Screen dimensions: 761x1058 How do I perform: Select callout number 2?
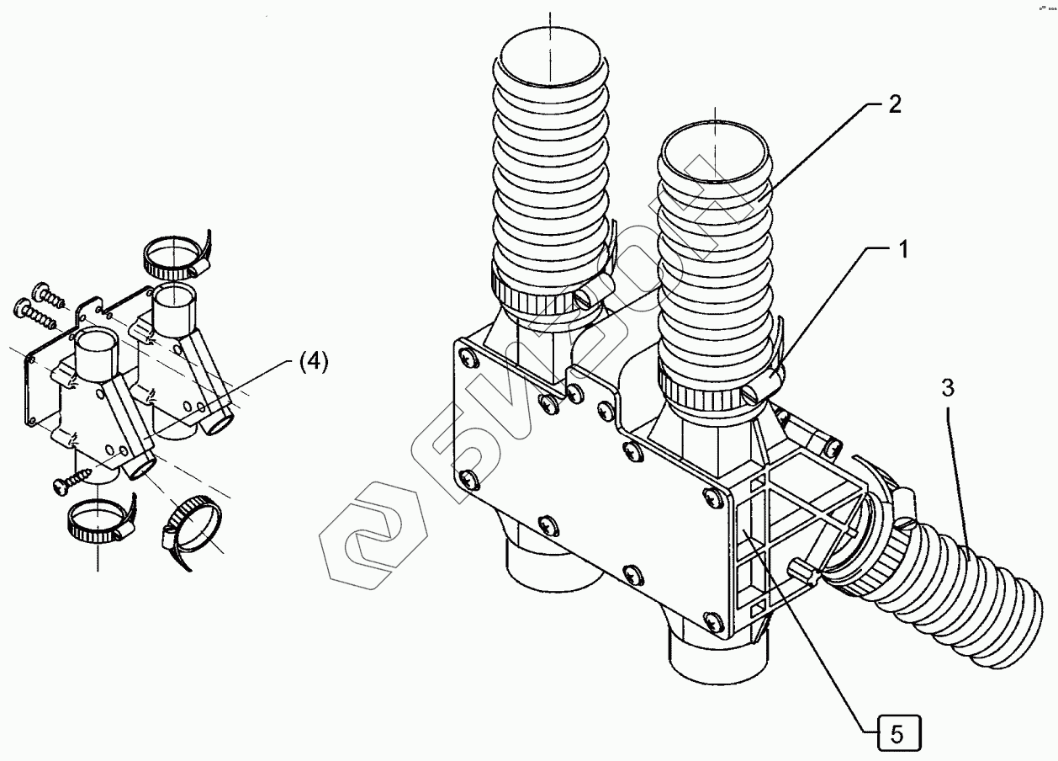pos(894,104)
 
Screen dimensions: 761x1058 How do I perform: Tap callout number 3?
pos(947,388)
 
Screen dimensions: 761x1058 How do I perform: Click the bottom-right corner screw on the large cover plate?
pos(713,621)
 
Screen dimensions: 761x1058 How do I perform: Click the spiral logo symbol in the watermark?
pos(368,539)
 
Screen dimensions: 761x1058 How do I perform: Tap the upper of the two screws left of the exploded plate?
pos(47,295)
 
